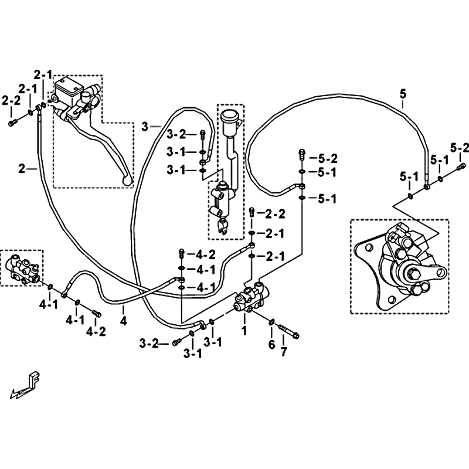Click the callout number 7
pyautogui.click(x=283, y=352)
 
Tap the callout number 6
pyautogui.click(x=271, y=345)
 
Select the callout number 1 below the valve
pyautogui.click(x=244, y=331)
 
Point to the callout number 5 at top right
pyautogui.click(x=403, y=94)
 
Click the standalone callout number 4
pyautogui.click(x=123, y=321)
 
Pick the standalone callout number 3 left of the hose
pyautogui.click(x=145, y=127)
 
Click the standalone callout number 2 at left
pyautogui.click(x=22, y=169)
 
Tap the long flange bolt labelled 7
pyautogui.click(x=289, y=331)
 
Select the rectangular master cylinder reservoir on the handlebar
pyautogui.click(x=69, y=89)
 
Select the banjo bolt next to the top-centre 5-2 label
pyautogui.click(x=301, y=154)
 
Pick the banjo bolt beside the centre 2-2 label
pyautogui.click(x=252, y=212)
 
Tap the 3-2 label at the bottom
pyautogui.click(x=149, y=344)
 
